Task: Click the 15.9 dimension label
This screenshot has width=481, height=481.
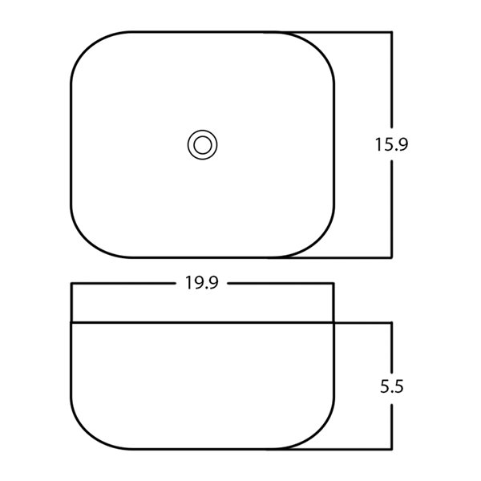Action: [391, 144]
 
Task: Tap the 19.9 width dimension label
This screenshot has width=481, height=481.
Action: [201, 282]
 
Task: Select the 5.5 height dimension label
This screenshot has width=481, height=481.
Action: [392, 386]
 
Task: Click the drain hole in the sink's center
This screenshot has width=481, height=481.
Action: [203, 144]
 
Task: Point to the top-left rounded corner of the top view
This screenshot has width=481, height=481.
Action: [89, 49]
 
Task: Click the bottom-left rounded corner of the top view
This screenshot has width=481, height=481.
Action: [89, 240]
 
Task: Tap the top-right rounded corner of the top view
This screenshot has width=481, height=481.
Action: [317, 49]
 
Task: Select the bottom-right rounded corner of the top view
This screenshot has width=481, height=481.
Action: [317, 240]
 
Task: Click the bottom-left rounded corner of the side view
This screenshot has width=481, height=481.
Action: [89, 431]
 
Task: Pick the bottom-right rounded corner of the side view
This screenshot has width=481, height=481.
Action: [317, 431]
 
